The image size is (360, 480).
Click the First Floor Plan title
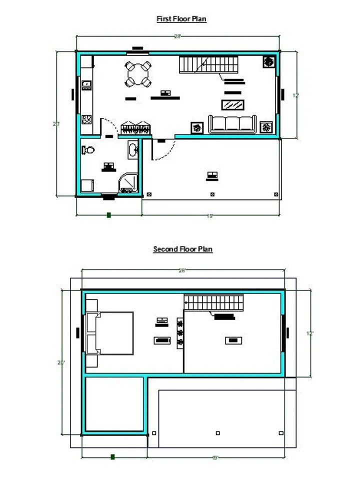[181, 19]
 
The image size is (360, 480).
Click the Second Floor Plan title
[182, 249]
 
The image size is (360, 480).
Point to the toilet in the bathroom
[89, 149]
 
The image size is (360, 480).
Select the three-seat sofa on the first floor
[232, 124]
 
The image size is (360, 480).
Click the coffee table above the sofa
[233, 105]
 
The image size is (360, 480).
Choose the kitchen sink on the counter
[86, 84]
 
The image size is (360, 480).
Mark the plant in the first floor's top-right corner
[268, 61]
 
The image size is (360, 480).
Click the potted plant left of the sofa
[197, 127]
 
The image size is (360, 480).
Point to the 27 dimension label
[56, 124]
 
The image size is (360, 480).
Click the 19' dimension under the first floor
[210, 216]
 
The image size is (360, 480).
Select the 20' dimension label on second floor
[61, 363]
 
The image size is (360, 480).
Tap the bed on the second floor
[110, 333]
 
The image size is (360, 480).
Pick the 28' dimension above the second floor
[182, 270]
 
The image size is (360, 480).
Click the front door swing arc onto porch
[165, 149]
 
